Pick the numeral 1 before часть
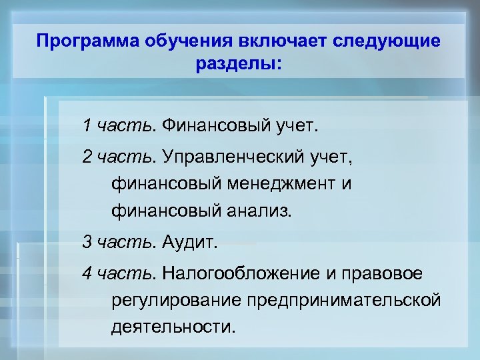point(87,125)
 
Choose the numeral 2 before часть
point(87,157)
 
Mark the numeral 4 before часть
point(87,273)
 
